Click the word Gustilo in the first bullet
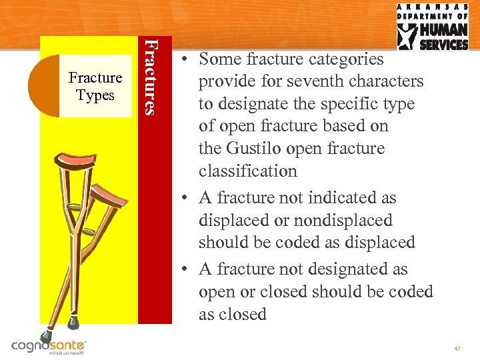point(251,149)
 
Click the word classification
point(247,171)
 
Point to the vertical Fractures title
point(153,76)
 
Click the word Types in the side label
point(95,95)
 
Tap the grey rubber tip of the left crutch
point(46,337)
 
